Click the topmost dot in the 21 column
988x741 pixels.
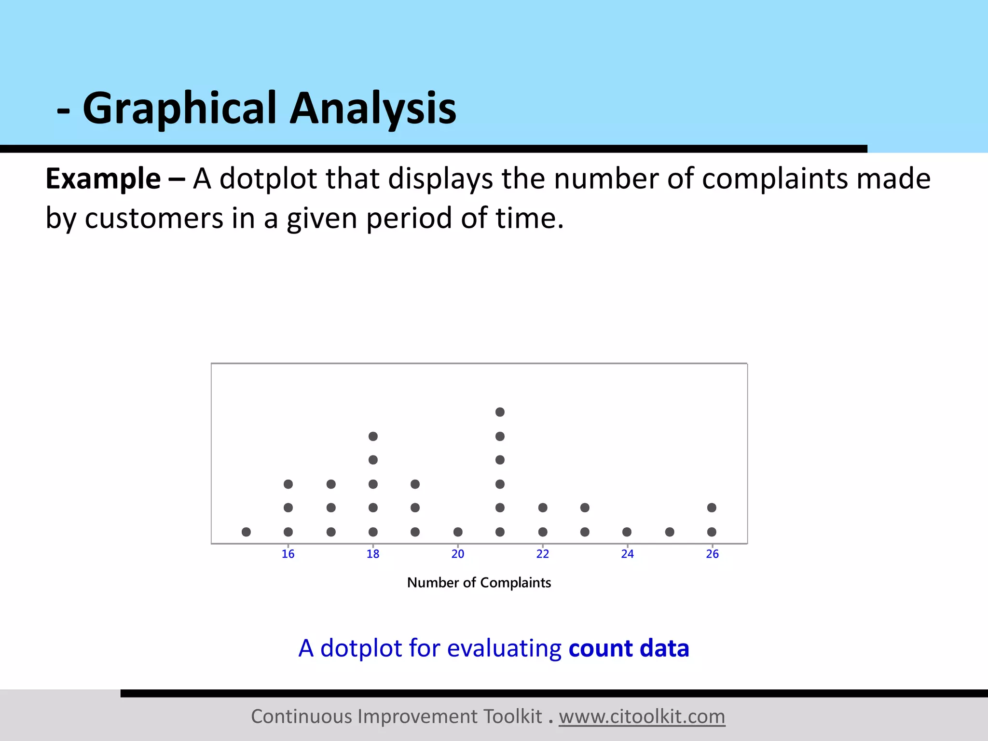pos(500,412)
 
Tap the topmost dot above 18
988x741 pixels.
pos(373,436)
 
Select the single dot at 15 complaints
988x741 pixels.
pos(246,532)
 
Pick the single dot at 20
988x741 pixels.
pos(458,532)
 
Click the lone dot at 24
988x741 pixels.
pos(627,532)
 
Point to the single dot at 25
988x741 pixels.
pos(670,532)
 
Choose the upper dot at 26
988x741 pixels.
pos(712,508)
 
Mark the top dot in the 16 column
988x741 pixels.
pos(288,484)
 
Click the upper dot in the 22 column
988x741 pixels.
pos(543,508)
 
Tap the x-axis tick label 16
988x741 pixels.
pos(288,554)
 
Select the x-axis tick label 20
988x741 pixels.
pos(458,554)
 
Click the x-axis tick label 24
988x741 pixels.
pos(627,554)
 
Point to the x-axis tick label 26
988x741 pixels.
pos(712,554)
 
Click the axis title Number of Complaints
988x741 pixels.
pos(479,583)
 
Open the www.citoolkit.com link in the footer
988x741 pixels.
pos(642,716)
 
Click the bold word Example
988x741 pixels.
pos(103,179)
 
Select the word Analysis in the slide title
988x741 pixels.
pos(372,108)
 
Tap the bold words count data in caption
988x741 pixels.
pos(629,648)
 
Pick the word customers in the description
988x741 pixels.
pos(154,219)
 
